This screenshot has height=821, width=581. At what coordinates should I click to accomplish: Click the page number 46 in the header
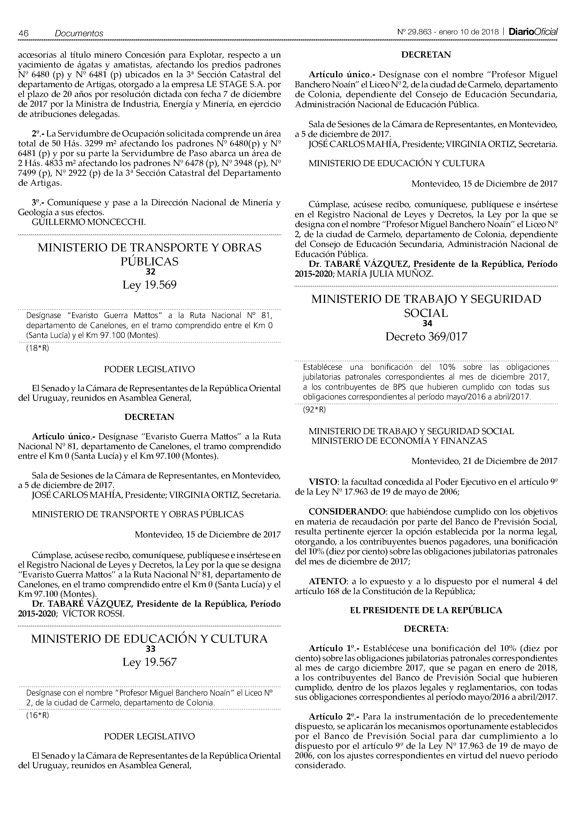click(24, 33)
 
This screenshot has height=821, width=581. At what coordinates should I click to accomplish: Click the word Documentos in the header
click(79, 33)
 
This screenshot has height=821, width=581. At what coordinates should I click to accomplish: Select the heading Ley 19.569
click(150, 285)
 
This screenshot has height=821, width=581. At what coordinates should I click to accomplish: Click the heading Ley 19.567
click(150, 662)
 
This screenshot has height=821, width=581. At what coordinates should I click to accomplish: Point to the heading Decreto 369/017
click(426, 337)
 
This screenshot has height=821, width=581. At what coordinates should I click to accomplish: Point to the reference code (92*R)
click(314, 410)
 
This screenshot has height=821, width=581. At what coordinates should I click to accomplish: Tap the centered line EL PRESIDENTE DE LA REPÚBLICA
click(426, 610)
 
